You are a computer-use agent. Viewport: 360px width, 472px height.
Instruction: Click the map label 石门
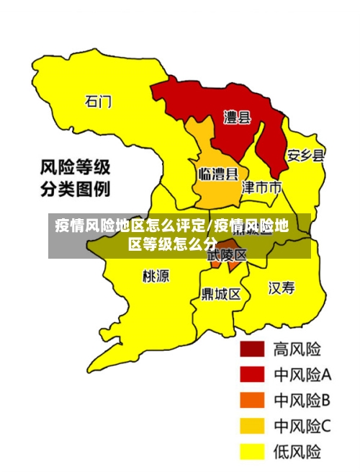99,102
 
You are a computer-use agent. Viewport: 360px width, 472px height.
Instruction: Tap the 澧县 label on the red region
237,117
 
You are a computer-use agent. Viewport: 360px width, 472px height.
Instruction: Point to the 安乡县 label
305,155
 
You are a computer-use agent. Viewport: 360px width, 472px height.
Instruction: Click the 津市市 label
261,188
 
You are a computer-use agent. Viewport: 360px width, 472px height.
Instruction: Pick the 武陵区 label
227,254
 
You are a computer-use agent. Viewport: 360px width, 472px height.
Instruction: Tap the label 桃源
156,276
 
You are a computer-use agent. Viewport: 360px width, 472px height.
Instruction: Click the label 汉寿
282,288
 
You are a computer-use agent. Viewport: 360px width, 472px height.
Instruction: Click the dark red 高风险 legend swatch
252,349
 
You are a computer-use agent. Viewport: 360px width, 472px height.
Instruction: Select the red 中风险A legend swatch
252,375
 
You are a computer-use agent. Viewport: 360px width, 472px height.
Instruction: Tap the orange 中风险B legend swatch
252,400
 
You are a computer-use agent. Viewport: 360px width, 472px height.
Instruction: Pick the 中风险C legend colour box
252,426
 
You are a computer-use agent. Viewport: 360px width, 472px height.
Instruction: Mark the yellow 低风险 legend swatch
252,451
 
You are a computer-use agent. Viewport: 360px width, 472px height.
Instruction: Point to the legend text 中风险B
302,400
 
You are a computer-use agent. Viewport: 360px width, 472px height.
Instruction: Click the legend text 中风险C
302,426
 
